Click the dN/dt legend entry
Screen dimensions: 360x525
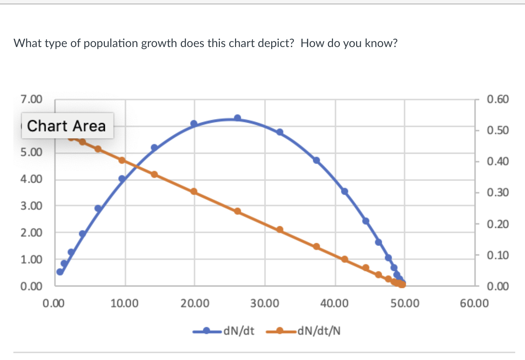(x=223, y=331)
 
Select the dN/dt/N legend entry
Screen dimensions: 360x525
(x=303, y=331)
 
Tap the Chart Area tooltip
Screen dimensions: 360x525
(x=67, y=126)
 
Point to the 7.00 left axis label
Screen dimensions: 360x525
(x=31, y=99)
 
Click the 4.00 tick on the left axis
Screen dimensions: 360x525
(x=31, y=179)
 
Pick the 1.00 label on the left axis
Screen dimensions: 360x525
(x=31, y=259)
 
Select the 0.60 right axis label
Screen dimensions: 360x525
(x=498, y=99)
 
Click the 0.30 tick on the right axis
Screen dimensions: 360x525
(x=498, y=192)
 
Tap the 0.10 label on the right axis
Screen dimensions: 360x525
(x=498, y=255)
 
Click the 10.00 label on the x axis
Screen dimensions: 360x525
(x=124, y=303)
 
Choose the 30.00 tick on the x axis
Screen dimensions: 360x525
(x=265, y=303)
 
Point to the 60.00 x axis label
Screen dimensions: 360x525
(x=474, y=303)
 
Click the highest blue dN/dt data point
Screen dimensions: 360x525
(x=238, y=118)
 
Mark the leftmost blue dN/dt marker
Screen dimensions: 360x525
(x=60, y=272)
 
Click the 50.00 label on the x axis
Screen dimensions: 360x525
(x=405, y=303)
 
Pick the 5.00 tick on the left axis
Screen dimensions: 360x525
(x=31, y=152)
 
